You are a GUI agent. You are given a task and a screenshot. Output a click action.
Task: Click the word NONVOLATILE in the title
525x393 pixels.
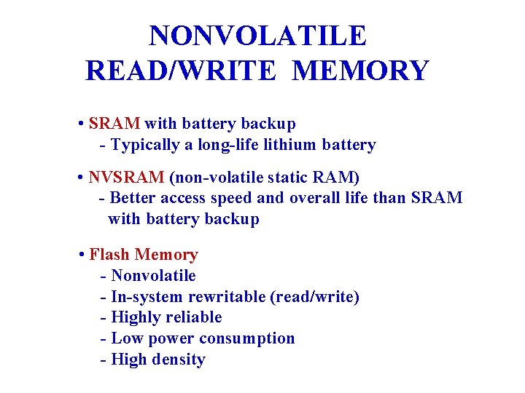[257, 36]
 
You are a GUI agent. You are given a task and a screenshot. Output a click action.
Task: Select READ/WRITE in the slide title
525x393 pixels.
[182, 71]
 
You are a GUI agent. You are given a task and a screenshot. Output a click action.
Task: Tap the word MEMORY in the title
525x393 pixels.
[360, 71]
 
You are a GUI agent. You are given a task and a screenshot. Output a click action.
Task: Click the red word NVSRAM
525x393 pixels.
[126, 178]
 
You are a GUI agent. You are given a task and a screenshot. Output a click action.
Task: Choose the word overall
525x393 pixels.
[315, 198]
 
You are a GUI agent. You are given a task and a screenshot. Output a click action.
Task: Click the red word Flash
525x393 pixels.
[109, 255]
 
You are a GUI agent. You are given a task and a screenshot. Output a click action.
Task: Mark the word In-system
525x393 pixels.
[147, 297]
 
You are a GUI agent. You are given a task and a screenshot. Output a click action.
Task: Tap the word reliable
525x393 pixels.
[195, 317]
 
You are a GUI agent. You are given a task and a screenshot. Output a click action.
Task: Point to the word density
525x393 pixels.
[179, 360]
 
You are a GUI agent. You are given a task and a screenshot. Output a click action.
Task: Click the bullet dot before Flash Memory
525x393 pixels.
[82, 255]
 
